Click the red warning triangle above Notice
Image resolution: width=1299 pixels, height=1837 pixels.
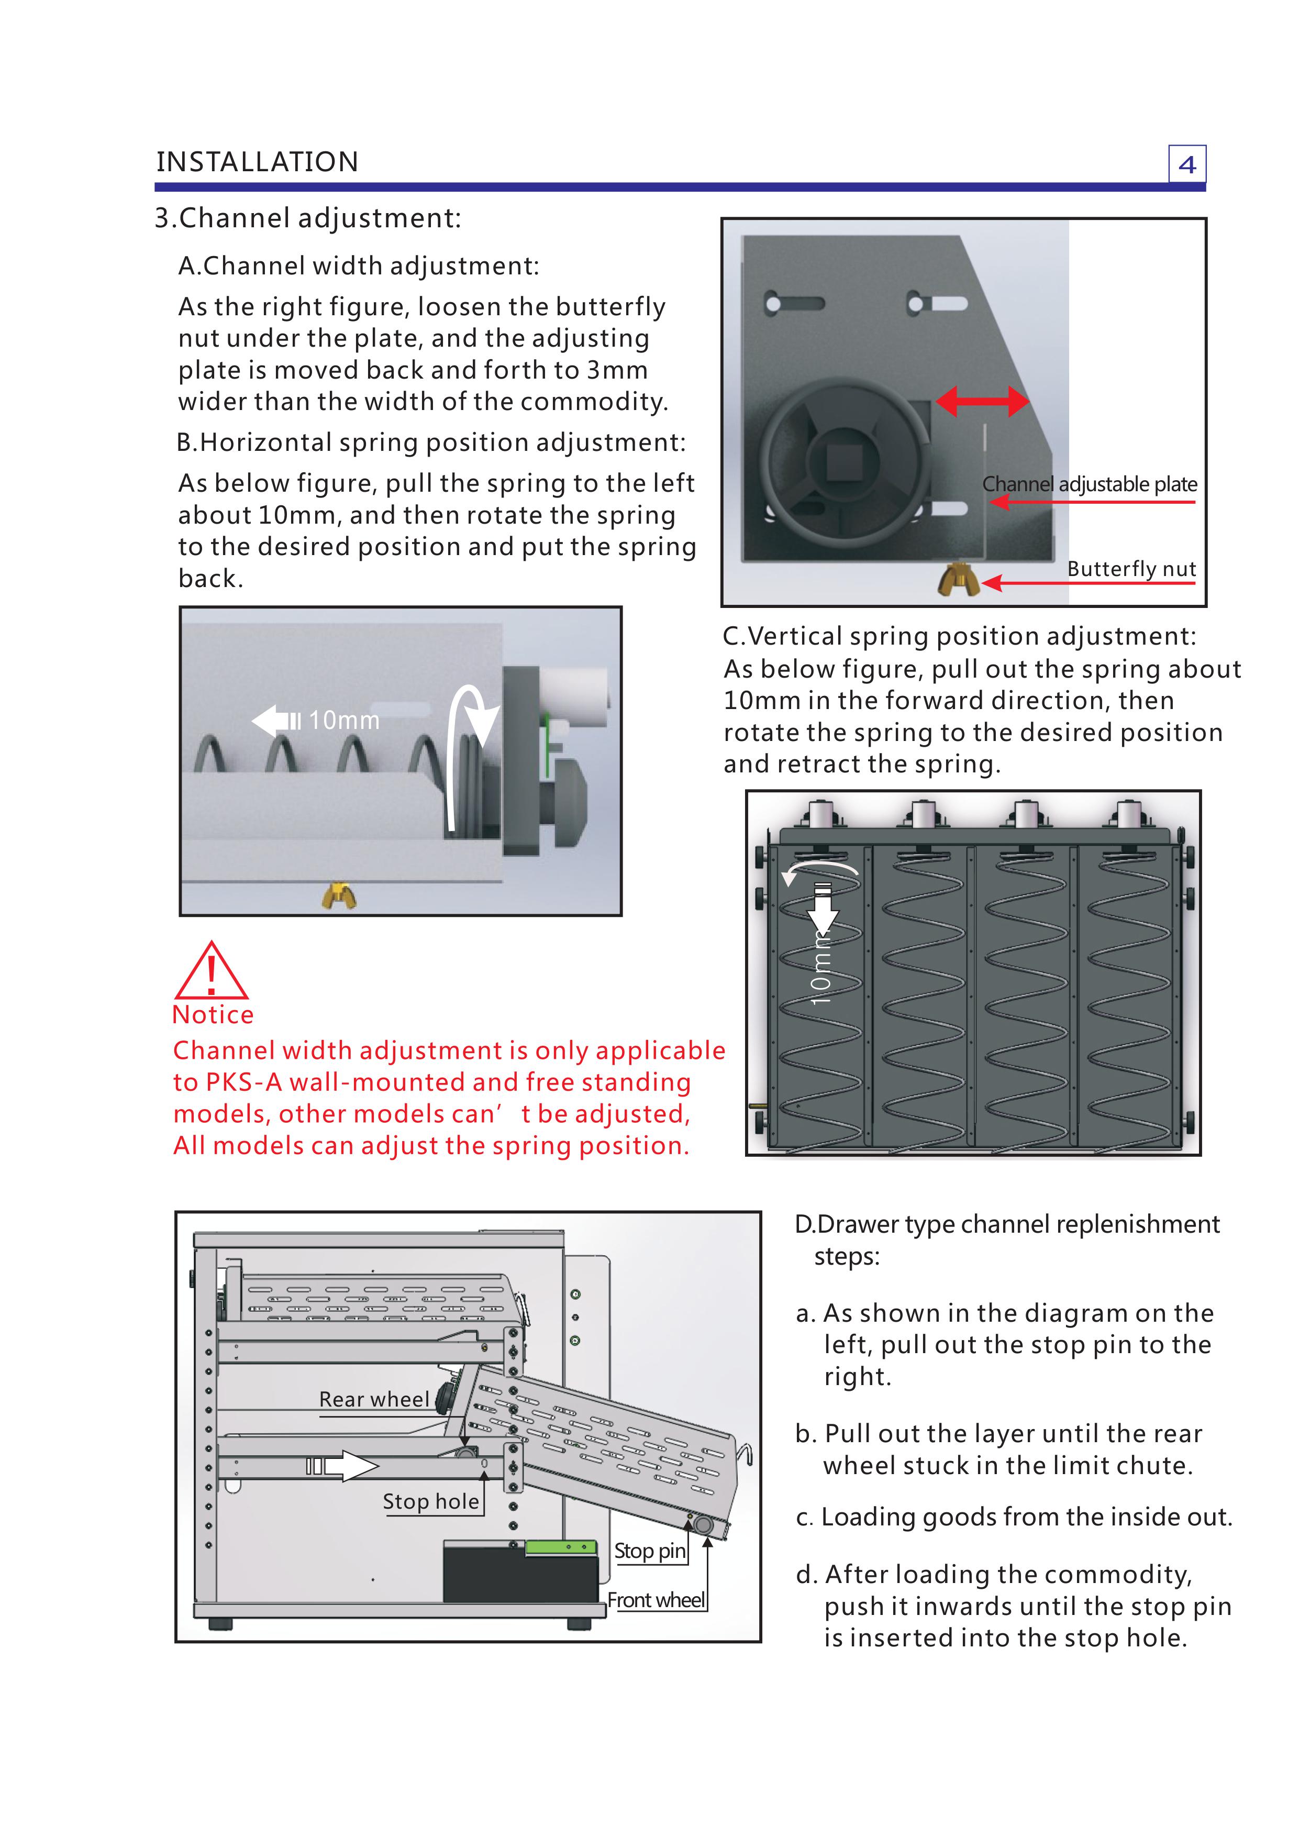[211, 971]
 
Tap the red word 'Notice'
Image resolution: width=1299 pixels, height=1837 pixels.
[213, 1014]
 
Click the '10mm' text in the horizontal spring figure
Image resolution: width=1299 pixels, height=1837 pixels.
[344, 720]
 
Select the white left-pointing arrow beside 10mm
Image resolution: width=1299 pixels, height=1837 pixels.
[276, 720]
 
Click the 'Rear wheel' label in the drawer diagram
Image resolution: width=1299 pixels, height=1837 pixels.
[374, 1399]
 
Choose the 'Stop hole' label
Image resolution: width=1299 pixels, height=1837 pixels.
[430, 1502]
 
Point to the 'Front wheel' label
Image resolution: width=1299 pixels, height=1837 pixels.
[656, 1600]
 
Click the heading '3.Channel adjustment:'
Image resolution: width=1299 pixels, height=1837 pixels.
[308, 218]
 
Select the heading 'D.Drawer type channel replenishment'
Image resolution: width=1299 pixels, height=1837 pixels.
[1006, 1225]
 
